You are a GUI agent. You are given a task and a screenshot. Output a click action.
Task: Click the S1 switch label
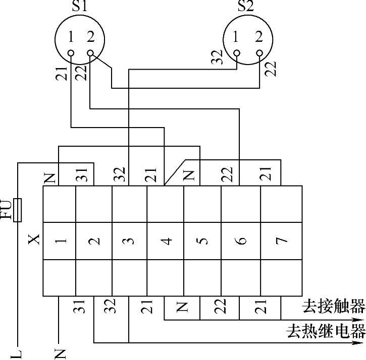tap(79, 7)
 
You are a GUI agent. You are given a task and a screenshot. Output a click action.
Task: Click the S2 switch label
tap(246, 7)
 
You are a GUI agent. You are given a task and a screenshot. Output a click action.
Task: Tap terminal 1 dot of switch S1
tap(71, 52)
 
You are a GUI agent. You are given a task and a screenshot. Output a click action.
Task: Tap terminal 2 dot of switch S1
tap(90, 52)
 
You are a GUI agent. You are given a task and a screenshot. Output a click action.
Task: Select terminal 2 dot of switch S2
tap(259, 52)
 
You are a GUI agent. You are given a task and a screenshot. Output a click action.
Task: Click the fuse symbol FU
tap(18, 210)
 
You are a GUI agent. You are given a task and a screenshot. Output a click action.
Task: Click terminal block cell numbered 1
tap(60, 241)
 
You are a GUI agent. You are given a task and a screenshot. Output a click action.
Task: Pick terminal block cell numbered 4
tap(165, 241)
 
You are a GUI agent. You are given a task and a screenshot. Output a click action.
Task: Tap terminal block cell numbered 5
tap(202, 241)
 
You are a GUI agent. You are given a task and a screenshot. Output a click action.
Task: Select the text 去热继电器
tap(326, 331)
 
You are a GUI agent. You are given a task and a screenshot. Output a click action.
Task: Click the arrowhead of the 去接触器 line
tap(359, 319)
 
